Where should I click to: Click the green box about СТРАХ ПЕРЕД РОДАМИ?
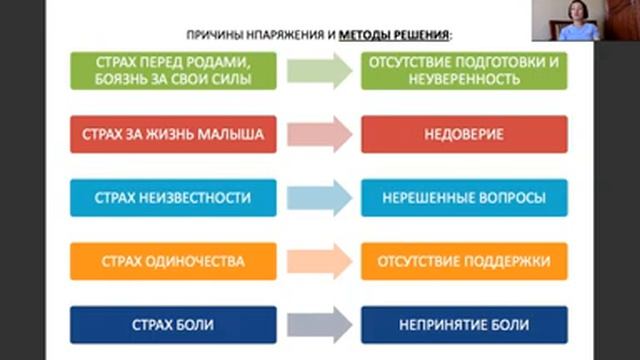pos(173,71)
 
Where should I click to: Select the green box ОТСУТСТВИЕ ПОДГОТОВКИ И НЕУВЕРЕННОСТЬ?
pos(463,71)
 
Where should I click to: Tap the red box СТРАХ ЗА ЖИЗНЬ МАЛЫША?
pos(173,134)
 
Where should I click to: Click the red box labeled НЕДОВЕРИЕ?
pos(463,134)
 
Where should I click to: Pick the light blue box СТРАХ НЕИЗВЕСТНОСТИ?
pos(173,198)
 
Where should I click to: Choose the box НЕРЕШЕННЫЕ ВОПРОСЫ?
pos(463,198)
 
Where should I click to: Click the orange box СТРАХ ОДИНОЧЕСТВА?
pos(173,261)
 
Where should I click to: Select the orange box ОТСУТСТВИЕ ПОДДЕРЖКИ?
pos(463,261)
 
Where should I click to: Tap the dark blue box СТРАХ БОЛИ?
pos(173,325)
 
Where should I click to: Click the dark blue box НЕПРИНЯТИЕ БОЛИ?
pos(463,325)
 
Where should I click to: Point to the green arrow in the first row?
pos(319,71)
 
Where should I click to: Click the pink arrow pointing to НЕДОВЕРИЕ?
pos(319,134)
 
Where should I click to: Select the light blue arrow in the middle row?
pos(319,198)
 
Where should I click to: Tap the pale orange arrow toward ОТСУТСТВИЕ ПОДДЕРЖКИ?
pos(319,261)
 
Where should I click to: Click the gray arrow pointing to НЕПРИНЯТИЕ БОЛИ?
pos(319,325)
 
